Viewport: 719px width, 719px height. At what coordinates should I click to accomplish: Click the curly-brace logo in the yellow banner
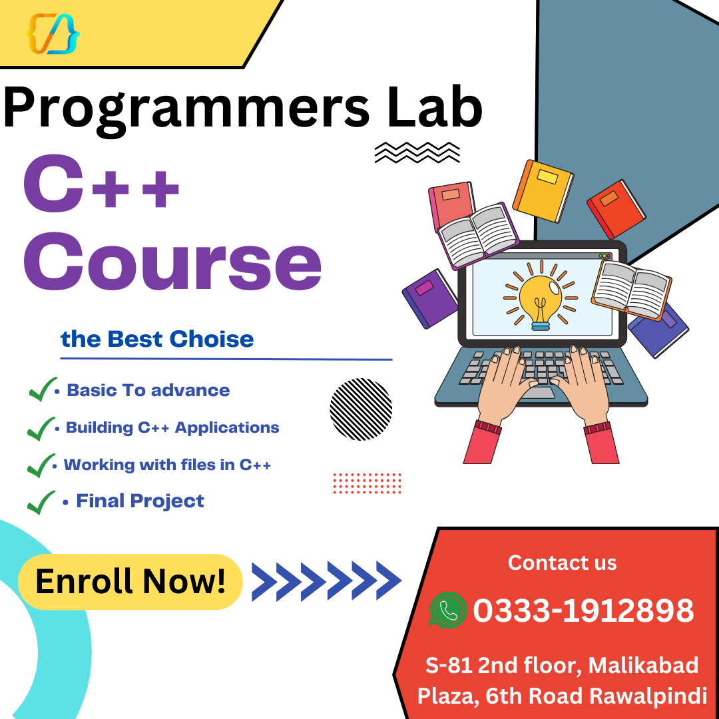pos(53,33)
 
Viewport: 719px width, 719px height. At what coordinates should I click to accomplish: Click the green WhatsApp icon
pos(447,610)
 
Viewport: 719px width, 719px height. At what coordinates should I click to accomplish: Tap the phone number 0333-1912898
pos(583,610)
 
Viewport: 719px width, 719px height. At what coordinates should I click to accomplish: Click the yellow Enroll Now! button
pos(130,581)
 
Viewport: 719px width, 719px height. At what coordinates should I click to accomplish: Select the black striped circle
pos(361,409)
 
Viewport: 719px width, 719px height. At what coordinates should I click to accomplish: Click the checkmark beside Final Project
pos(41,502)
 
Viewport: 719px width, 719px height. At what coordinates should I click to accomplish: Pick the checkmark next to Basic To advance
pos(43,389)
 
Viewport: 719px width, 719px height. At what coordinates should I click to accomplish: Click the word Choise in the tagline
pos(211,339)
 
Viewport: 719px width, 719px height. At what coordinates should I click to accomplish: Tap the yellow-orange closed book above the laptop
pos(543,190)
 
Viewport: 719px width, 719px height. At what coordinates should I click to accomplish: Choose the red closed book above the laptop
pos(616,209)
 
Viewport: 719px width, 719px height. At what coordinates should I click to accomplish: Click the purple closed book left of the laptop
pos(430,298)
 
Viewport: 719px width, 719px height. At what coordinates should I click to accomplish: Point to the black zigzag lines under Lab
pos(417,152)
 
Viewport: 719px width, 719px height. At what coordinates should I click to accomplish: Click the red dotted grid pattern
pos(367,483)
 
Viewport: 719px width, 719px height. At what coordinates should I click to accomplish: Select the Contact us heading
pos(562,563)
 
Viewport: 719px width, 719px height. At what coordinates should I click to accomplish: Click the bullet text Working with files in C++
pos(167,465)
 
